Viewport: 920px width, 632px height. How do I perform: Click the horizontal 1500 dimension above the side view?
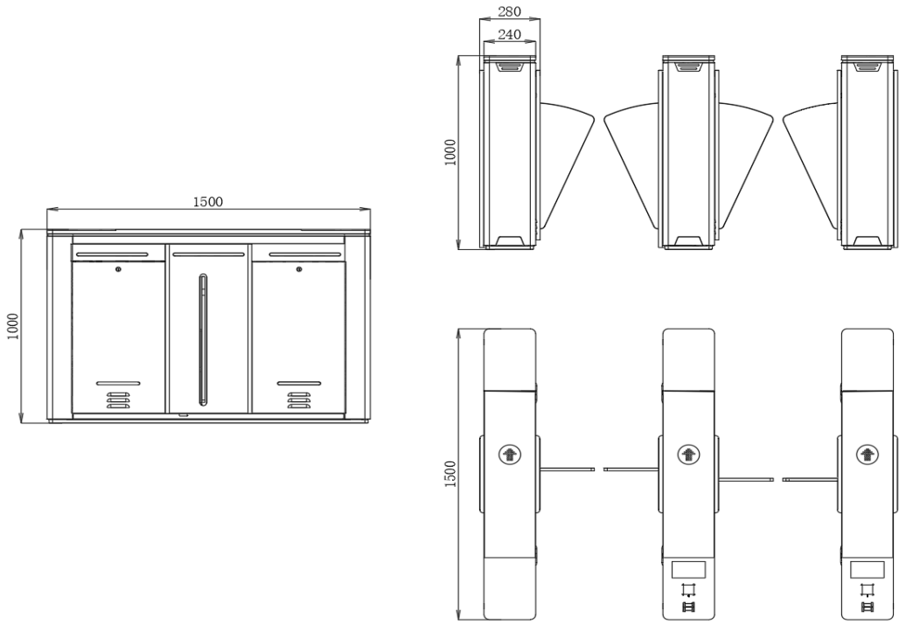click(207, 201)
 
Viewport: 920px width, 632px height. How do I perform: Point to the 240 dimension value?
click(508, 35)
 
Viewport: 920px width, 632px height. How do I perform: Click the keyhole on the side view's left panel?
click(117, 269)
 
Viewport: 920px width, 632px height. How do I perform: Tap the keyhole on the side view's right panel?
click(298, 269)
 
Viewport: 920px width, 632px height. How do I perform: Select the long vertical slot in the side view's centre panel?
click(204, 340)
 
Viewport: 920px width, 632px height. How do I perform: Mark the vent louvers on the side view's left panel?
click(117, 400)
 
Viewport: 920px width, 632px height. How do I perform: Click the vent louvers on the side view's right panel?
click(298, 400)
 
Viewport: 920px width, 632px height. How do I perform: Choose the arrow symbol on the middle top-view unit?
click(687, 454)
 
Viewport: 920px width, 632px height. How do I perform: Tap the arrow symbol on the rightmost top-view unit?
click(867, 454)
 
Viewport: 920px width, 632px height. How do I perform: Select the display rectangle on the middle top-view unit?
click(688, 569)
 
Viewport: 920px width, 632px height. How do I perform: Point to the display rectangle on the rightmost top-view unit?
click(867, 569)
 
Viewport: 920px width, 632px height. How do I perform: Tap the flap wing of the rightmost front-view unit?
click(812, 153)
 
